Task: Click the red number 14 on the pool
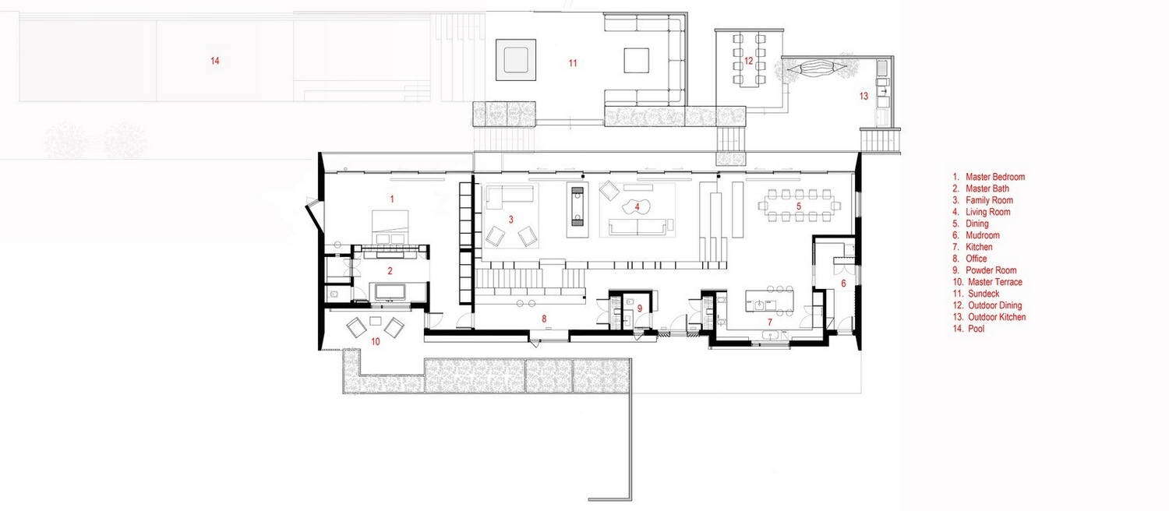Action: (x=214, y=61)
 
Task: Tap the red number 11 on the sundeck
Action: (x=573, y=63)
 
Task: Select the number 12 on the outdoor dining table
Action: (x=748, y=61)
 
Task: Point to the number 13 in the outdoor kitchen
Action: (x=864, y=96)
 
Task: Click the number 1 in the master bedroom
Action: (x=392, y=199)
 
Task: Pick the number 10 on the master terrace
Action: (x=375, y=341)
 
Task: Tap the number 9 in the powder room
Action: (x=639, y=308)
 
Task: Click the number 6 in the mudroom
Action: (x=842, y=283)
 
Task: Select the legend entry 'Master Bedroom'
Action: (x=995, y=177)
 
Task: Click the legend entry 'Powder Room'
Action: (x=991, y=270)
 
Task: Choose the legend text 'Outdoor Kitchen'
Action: (x=997, y=317)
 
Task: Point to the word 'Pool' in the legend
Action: (x=976, y=329)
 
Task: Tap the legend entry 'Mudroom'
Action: (x=983, y=235)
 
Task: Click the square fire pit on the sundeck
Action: (x=516, y=59)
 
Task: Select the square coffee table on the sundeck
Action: (x=636, y=61)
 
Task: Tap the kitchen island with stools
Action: (x=770, y=301)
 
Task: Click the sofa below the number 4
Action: (x=637, y=227)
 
